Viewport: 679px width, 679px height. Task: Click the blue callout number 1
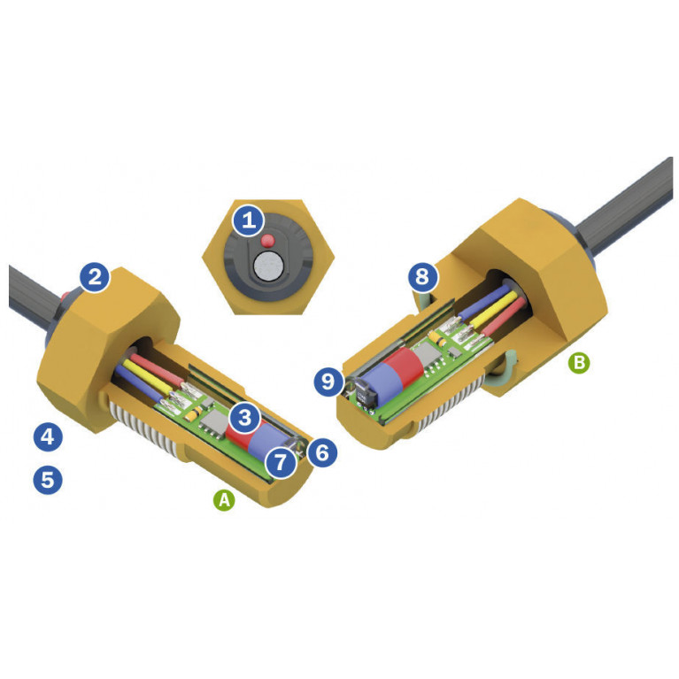[x=249, y=220]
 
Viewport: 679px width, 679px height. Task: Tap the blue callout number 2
[x=96, y=277]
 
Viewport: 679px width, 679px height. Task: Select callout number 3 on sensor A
[x=245, y=418]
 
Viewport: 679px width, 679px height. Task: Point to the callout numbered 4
[x=48, y=437]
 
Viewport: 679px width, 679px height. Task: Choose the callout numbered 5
[x=48, y=480]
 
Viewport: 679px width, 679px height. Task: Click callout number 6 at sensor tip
[x=322, y=452]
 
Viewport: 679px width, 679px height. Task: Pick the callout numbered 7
[x=281, y=462]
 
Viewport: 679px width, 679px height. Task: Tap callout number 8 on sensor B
[x=422, y=276]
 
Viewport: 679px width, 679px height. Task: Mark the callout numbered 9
[x=328, y=382]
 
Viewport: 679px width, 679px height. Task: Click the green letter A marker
[x=224, y=500]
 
